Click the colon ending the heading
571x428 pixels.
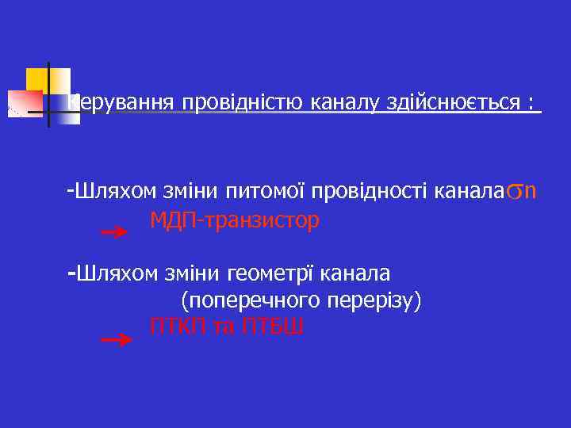click(529, 104)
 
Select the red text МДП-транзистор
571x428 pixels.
click(235, 220)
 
